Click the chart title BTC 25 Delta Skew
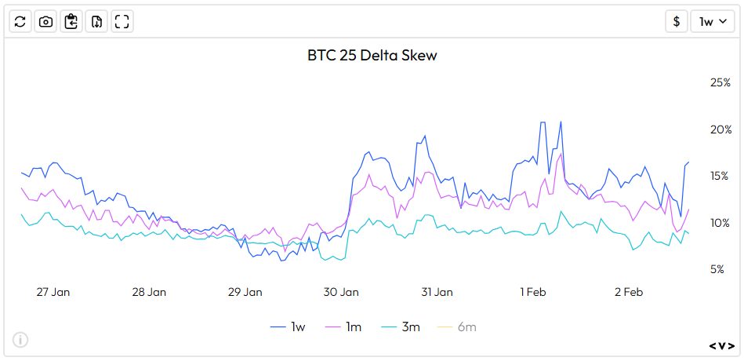click(x=372, y=56)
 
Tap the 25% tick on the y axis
click(x=720, y=82)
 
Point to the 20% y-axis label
click(x=720, y=129)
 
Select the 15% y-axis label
click(x=720, y=176)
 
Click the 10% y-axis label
click(x=720, y=223)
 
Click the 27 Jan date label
click(x=53, y=292)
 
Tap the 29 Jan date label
click(x=245, y=292)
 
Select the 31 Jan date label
click(x=437, y=292)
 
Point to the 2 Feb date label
click(x=629, y=292)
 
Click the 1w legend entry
click(x=288, y=326)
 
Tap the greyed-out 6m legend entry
click(x=456, y=326)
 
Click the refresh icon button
click(x=20, y=21)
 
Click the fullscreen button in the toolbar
click(x=122, y=21)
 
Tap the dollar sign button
click(x=677, y=21)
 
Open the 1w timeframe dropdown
click(x=712, y=21)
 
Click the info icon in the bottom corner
click(x=20, y=340)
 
